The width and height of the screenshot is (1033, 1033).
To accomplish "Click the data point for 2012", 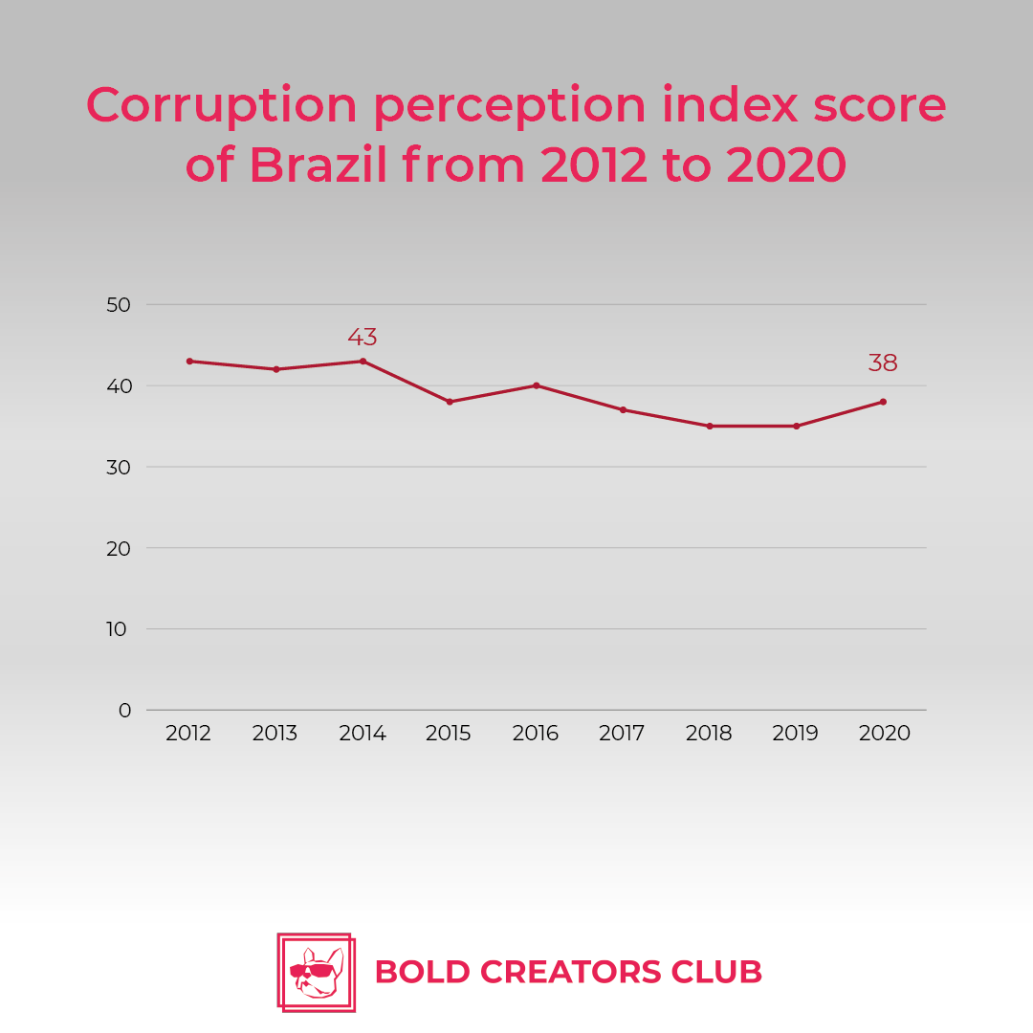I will (x=189, y=361).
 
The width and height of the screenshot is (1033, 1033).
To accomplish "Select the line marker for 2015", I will (x=450, y=402).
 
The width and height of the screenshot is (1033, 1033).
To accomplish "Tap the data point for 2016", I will (x=536, y=385).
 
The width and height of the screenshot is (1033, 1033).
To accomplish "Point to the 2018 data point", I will (x=710, y=426).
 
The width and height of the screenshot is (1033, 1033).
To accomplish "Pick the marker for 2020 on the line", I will (x=883, y=402).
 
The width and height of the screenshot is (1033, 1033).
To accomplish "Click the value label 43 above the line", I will (x=363, y=338).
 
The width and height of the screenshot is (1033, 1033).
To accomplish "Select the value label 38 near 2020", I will (x=883, y=363).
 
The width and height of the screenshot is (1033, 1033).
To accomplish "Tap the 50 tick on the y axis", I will (x=119, y=305).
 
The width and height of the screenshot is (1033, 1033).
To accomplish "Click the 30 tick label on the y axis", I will (x=119, y=467).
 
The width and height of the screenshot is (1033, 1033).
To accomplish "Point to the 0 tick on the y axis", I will (x=125, y=710).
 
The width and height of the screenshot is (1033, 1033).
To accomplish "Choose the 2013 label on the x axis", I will (x=275, y=734).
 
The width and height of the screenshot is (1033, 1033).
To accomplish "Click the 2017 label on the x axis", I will (x=622, y=734).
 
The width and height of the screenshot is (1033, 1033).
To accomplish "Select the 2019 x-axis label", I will (x=796, y=734).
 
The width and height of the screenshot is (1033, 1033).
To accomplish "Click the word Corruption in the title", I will (x=222, y=105).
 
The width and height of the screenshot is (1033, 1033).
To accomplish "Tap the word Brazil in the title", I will (x=319, y=165).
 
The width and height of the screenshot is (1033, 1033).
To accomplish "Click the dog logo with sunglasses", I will (x=316, y=972).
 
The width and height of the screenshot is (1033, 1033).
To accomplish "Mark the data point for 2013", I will (x=276, y=369).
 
